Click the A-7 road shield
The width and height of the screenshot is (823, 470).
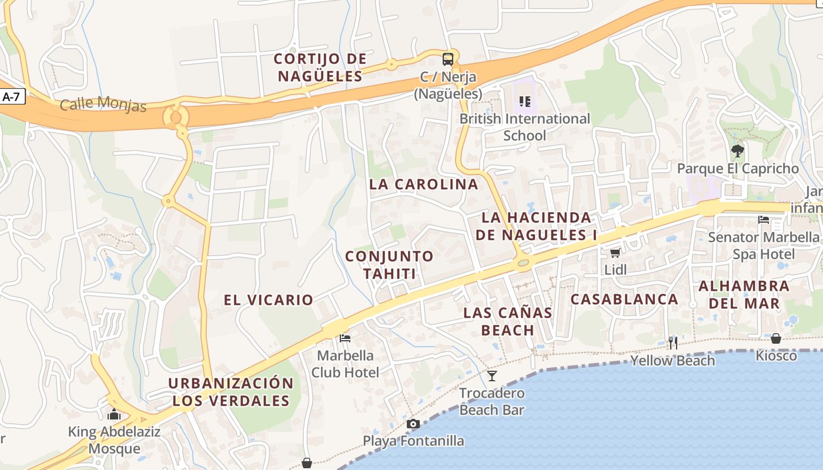pos(11,97)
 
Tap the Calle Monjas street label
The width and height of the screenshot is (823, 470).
pos(103,105)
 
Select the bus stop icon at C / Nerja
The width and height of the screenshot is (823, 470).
pos(448,59)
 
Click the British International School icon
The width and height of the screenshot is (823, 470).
pos(525,102)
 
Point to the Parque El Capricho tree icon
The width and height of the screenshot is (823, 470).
pos(738,151)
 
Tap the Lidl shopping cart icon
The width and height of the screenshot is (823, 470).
pos(615,253)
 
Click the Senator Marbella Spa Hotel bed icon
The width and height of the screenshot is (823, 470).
pos(764,220)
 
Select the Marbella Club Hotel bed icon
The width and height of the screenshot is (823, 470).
pos(345,338)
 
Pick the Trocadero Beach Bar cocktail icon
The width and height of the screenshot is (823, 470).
pos(492,375)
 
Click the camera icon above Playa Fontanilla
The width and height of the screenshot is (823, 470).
pos(413,424)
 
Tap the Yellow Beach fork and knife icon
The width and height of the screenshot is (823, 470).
pos(673,342)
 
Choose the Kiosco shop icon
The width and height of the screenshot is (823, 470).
pos(776,338)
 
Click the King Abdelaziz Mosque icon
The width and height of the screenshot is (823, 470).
pos(114,415)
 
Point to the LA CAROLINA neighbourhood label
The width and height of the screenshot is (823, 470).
pos(423,184)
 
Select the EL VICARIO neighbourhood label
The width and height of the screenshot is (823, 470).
pos(268,300)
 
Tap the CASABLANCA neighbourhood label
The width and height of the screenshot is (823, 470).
pos(624,299)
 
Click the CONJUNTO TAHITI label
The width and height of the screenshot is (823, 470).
pos(389,265)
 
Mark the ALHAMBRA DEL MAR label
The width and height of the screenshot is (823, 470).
pos(744,295)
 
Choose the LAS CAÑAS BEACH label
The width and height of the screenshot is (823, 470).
pos(508,321)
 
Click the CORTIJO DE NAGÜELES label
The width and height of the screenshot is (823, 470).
pos(320,68)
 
